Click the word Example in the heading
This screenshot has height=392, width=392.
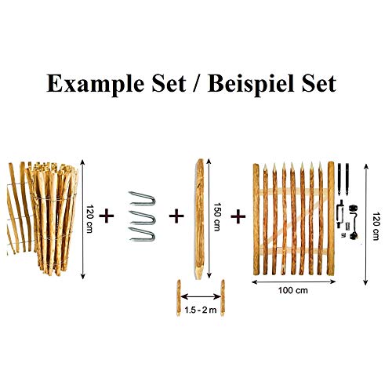point(95,85)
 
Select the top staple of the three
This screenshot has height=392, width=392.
point(142,198)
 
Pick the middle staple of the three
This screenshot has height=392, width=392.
point(143,217)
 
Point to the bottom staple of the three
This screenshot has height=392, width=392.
point(142,234)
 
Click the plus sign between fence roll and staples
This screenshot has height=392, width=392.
point(107,216)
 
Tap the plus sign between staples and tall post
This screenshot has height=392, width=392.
point(176,216)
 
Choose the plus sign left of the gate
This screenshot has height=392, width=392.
point(238,216)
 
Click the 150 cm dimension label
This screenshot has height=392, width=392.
point(217,217)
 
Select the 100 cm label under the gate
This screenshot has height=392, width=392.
point(293,290)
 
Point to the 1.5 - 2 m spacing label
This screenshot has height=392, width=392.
point(201,310)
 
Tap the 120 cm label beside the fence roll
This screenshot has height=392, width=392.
point(89,219)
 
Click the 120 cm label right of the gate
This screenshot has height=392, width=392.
point(376,226)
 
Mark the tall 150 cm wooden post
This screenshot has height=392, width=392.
point(200,219)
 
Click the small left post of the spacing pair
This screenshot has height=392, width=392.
point(179,298)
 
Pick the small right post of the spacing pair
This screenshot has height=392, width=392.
point(223,298)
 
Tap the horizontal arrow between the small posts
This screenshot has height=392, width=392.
point(201,296)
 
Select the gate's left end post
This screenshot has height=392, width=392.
point(256,220)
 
